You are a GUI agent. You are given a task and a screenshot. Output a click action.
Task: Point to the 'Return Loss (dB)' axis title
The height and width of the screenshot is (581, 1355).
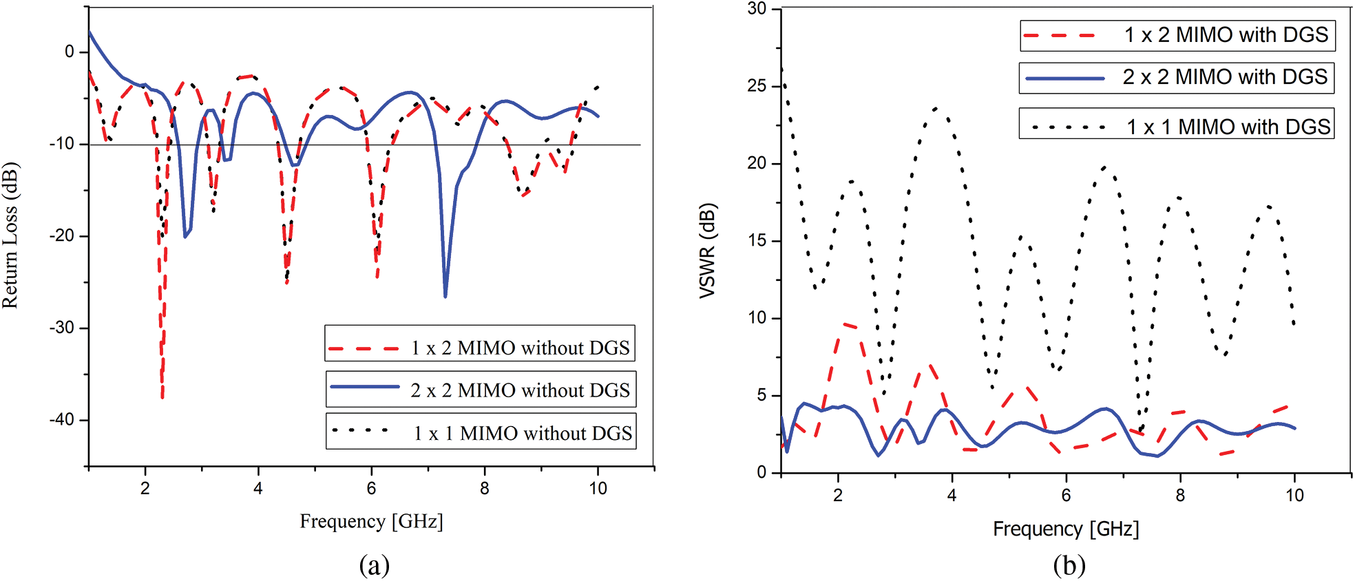(x=10, y=235)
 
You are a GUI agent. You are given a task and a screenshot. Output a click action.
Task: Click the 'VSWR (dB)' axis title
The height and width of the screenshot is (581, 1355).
(x=707, y=251)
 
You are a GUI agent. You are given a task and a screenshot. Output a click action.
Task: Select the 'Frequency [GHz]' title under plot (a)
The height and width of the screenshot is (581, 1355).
(x=371, y=521)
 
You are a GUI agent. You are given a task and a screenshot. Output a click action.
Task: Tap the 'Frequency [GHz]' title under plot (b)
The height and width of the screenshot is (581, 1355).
(x=1066, y=529)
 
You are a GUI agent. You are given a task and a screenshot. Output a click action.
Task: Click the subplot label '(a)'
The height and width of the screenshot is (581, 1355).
(x=374, y=565)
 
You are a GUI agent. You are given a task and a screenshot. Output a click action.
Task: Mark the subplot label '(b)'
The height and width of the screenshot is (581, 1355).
(x=1069, y=565)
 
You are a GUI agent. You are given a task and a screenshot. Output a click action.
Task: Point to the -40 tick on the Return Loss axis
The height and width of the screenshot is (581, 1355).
(x=61, y=420)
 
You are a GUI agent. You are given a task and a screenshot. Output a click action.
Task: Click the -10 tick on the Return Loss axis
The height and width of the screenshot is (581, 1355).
(x=61, y=144)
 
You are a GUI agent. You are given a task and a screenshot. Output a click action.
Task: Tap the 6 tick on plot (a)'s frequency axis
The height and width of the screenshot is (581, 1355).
(x=371, y=488)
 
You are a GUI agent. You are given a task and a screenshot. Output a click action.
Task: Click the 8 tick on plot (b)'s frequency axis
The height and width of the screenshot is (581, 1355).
(x=1180, y=495)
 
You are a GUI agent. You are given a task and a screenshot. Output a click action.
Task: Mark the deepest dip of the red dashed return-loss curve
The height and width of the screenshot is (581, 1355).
(x=162, y=397)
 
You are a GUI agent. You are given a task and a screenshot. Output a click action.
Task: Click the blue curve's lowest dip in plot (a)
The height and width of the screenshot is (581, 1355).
(x=445, y=297)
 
